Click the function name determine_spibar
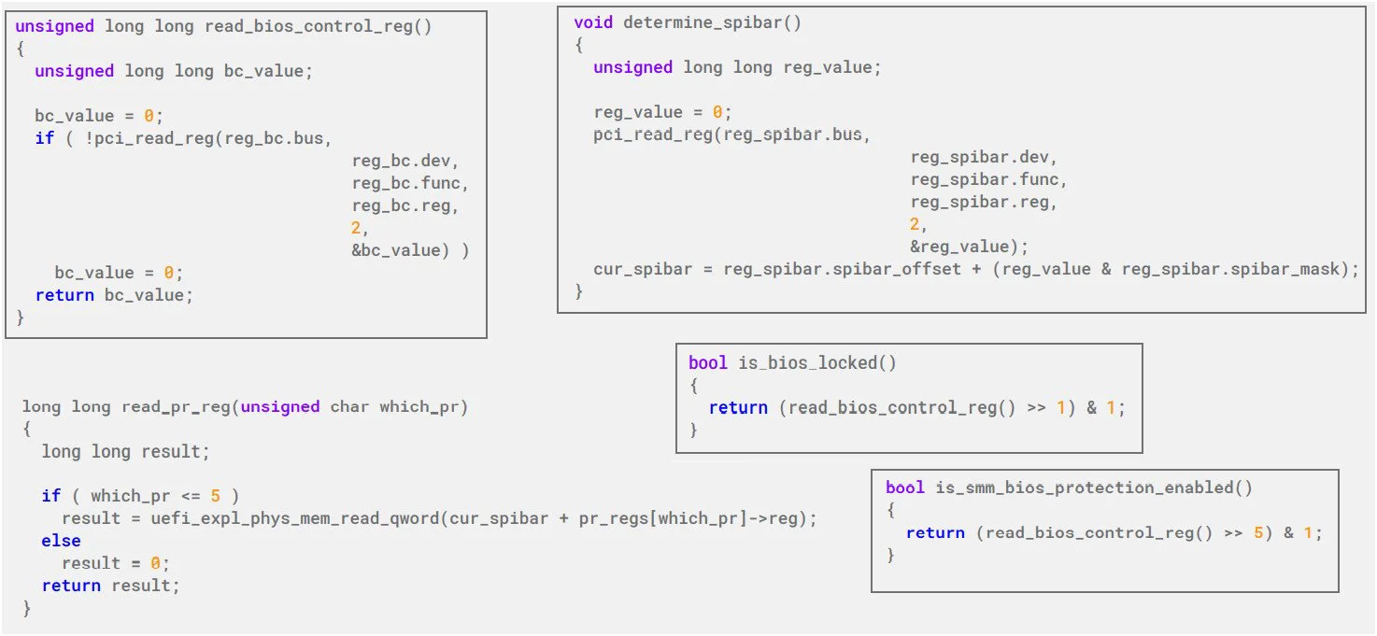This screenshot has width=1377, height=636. click(703, 22)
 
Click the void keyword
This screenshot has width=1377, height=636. click(593, 22)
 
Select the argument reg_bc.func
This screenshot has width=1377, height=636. click(406, 183)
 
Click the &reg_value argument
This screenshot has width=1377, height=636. click(959, 247)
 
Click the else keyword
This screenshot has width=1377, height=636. click(61, 541)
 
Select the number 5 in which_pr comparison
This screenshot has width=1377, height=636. click(215, 496)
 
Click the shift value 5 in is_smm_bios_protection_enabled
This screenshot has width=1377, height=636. click(1258, 532)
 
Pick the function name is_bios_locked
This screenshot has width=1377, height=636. click(808, 363)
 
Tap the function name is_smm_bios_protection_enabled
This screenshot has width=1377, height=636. click(1085, 488)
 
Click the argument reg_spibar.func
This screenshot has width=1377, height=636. click(985, 179)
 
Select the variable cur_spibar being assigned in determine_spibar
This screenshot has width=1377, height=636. click(643, 269)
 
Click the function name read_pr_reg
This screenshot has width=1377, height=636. click(176, 407)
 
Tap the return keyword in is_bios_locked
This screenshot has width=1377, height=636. click(738, 408)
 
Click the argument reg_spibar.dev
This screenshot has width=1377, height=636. click(980, 157)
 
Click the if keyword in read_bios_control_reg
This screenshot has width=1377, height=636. click(44, 138)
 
